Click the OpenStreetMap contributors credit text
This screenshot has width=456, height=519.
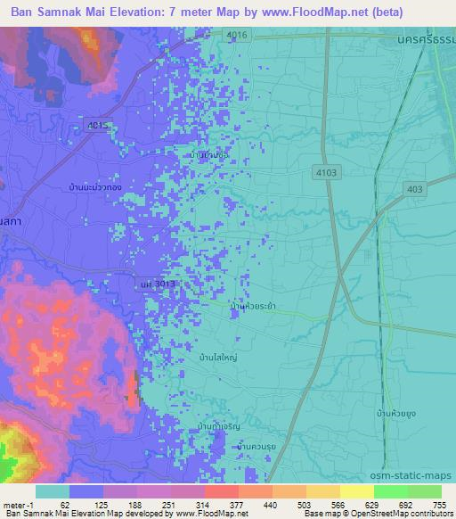pyautogui.click(x=404, y=515)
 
